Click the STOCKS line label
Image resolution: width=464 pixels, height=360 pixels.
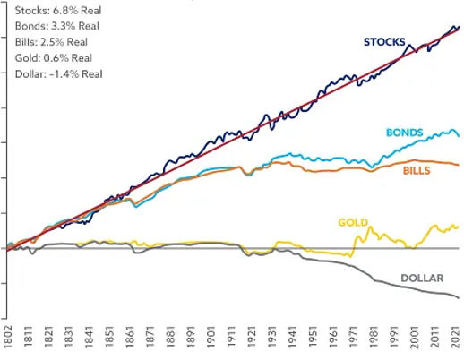tap(384, 42)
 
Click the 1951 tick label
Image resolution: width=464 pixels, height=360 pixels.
tap(314, 341)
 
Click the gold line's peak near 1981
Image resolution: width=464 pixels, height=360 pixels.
tap(365, 225)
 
